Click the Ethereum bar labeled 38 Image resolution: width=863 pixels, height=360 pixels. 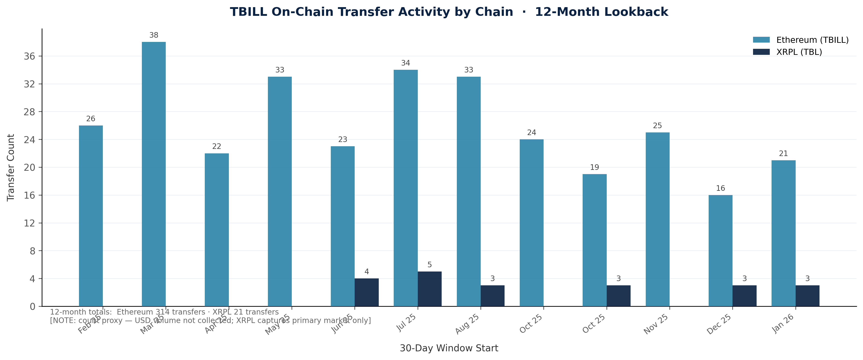pyautogui.click(x=153, y=174)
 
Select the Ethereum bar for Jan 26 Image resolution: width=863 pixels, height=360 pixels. pyautogui.click(x=783, y=233)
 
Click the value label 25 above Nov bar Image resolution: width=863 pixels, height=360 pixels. pyautogui.click(x=657, y=126)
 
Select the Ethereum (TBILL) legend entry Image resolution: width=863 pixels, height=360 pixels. pyautogui.click(x=801, y=40)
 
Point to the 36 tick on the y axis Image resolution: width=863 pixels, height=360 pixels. pyautogui.click(x=29, y=56)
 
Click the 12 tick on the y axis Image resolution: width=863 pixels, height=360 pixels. pyautogui.click(x=29, y=223)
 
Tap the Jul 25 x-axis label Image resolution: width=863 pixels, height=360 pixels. pyautogui.click(x=407, y=323)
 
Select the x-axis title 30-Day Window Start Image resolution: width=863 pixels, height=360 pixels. pyautogui.click(x=449, y=348)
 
